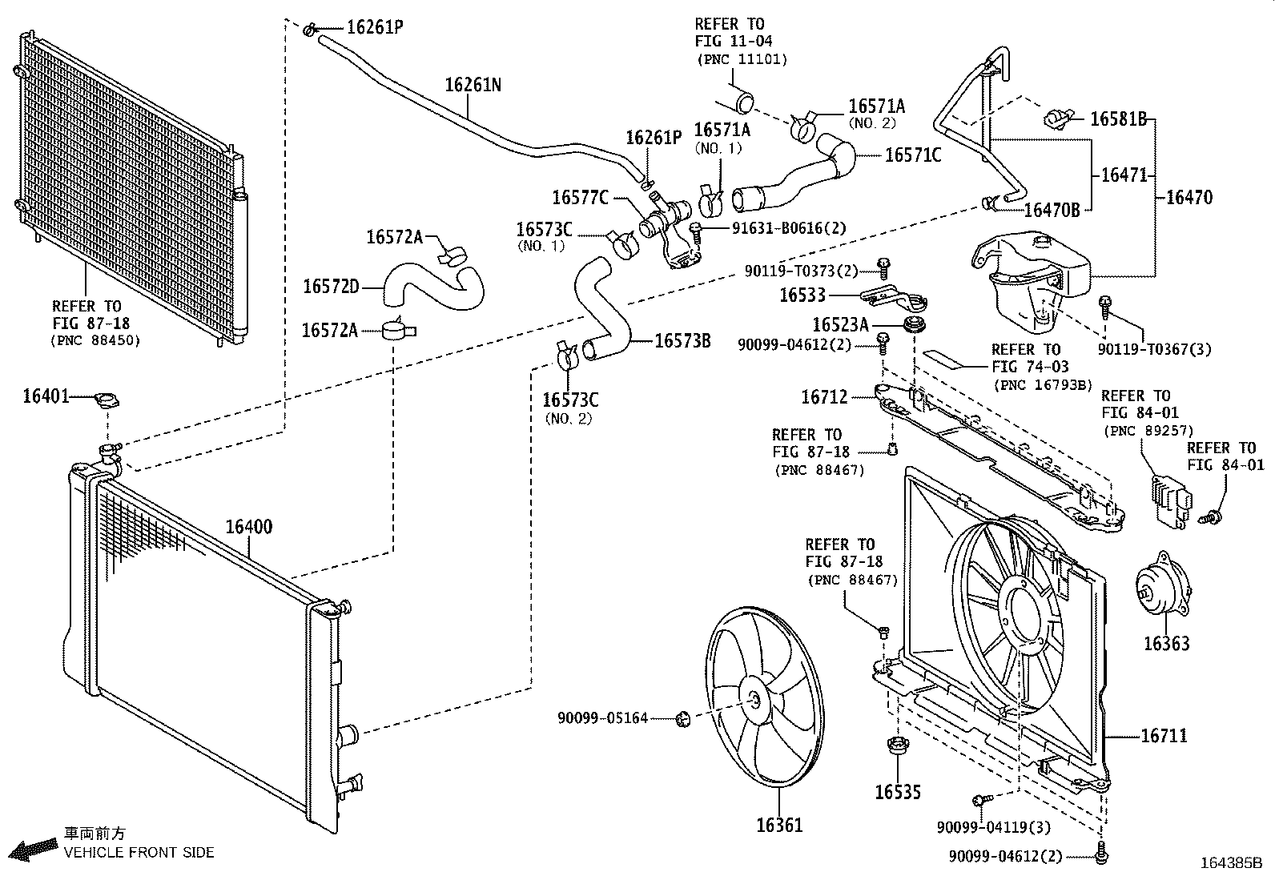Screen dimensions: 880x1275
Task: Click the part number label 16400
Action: [x=248, y=527]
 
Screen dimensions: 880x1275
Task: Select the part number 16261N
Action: [x=473, y=84]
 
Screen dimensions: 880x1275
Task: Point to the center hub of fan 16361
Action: [x=755, y=700]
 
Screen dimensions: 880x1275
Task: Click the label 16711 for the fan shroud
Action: [x=1163, y=735]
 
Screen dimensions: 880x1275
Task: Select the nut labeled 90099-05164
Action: [x=684, y=718]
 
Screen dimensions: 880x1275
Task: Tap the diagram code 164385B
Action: [x=1230, y=863]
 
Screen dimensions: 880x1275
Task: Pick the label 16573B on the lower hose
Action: [x=682, y=340]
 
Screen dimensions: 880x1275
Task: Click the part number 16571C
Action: [x=912, y=155]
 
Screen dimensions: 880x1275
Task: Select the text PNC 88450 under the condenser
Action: [x=97, y=340]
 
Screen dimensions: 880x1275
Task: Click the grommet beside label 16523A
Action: [x=911, y=324]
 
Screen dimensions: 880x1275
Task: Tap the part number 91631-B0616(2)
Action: [x=788, y=227]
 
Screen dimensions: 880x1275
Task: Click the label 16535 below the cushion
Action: [x=897, y=792]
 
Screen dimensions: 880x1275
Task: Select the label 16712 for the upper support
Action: [x=824, y=396]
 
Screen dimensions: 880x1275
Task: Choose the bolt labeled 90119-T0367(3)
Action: [x=1105, y=303]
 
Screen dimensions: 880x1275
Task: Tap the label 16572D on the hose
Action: [x=331, y=286]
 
